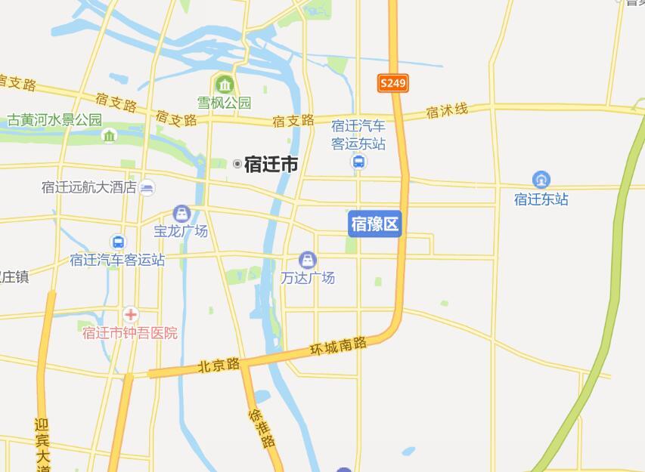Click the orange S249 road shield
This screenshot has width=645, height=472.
click(393, 83)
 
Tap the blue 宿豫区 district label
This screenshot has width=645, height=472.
click(374, 224)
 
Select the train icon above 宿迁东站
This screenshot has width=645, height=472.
click(541, 180)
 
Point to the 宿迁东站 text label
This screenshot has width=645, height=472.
click(541, 199)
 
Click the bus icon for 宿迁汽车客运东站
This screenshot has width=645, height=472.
click(359, 162)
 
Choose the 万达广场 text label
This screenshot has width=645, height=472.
click(308, 278)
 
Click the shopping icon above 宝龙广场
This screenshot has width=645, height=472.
click(181, 214)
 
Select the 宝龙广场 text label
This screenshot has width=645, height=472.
click(181, 231)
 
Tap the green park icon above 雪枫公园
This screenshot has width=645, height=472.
click(224, 84)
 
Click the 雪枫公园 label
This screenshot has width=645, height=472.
click(224, 102)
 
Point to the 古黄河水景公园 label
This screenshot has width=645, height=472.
click(54, 119)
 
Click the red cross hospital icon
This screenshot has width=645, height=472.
click(131, 314)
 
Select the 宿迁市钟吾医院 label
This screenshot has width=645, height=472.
click(130, 332)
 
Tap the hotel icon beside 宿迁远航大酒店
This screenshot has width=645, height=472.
click(147, 188)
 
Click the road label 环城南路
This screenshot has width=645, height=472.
click(338, 347)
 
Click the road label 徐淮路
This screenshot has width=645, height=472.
click(262, 427)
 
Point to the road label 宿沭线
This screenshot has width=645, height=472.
click(447, 111)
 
